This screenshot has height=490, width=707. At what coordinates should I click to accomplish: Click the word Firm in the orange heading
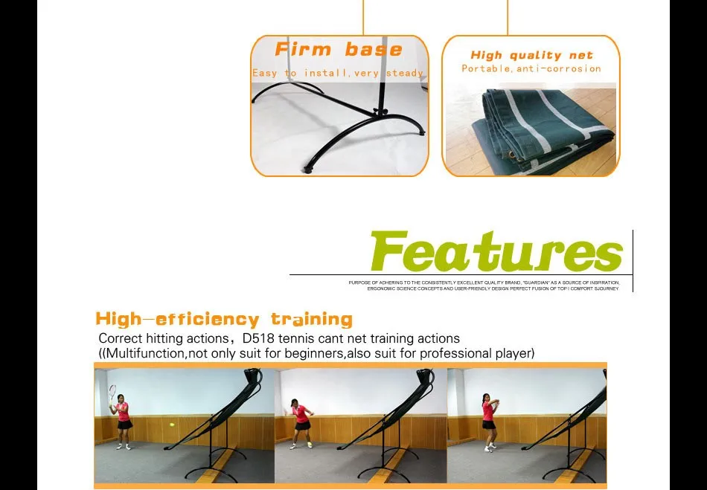304,50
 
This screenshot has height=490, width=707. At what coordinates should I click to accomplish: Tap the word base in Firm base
374,50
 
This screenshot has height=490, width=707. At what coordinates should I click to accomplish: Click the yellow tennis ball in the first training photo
172,425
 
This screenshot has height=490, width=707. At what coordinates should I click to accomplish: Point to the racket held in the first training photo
112,393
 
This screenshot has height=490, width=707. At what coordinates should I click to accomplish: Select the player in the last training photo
489,421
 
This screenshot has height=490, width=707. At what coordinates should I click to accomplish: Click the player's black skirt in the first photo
124,425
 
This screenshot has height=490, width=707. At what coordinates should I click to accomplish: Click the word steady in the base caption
406,73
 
